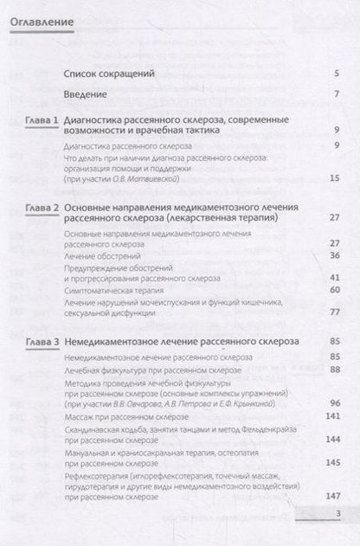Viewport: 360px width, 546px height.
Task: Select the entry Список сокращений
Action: coord(111,74)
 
